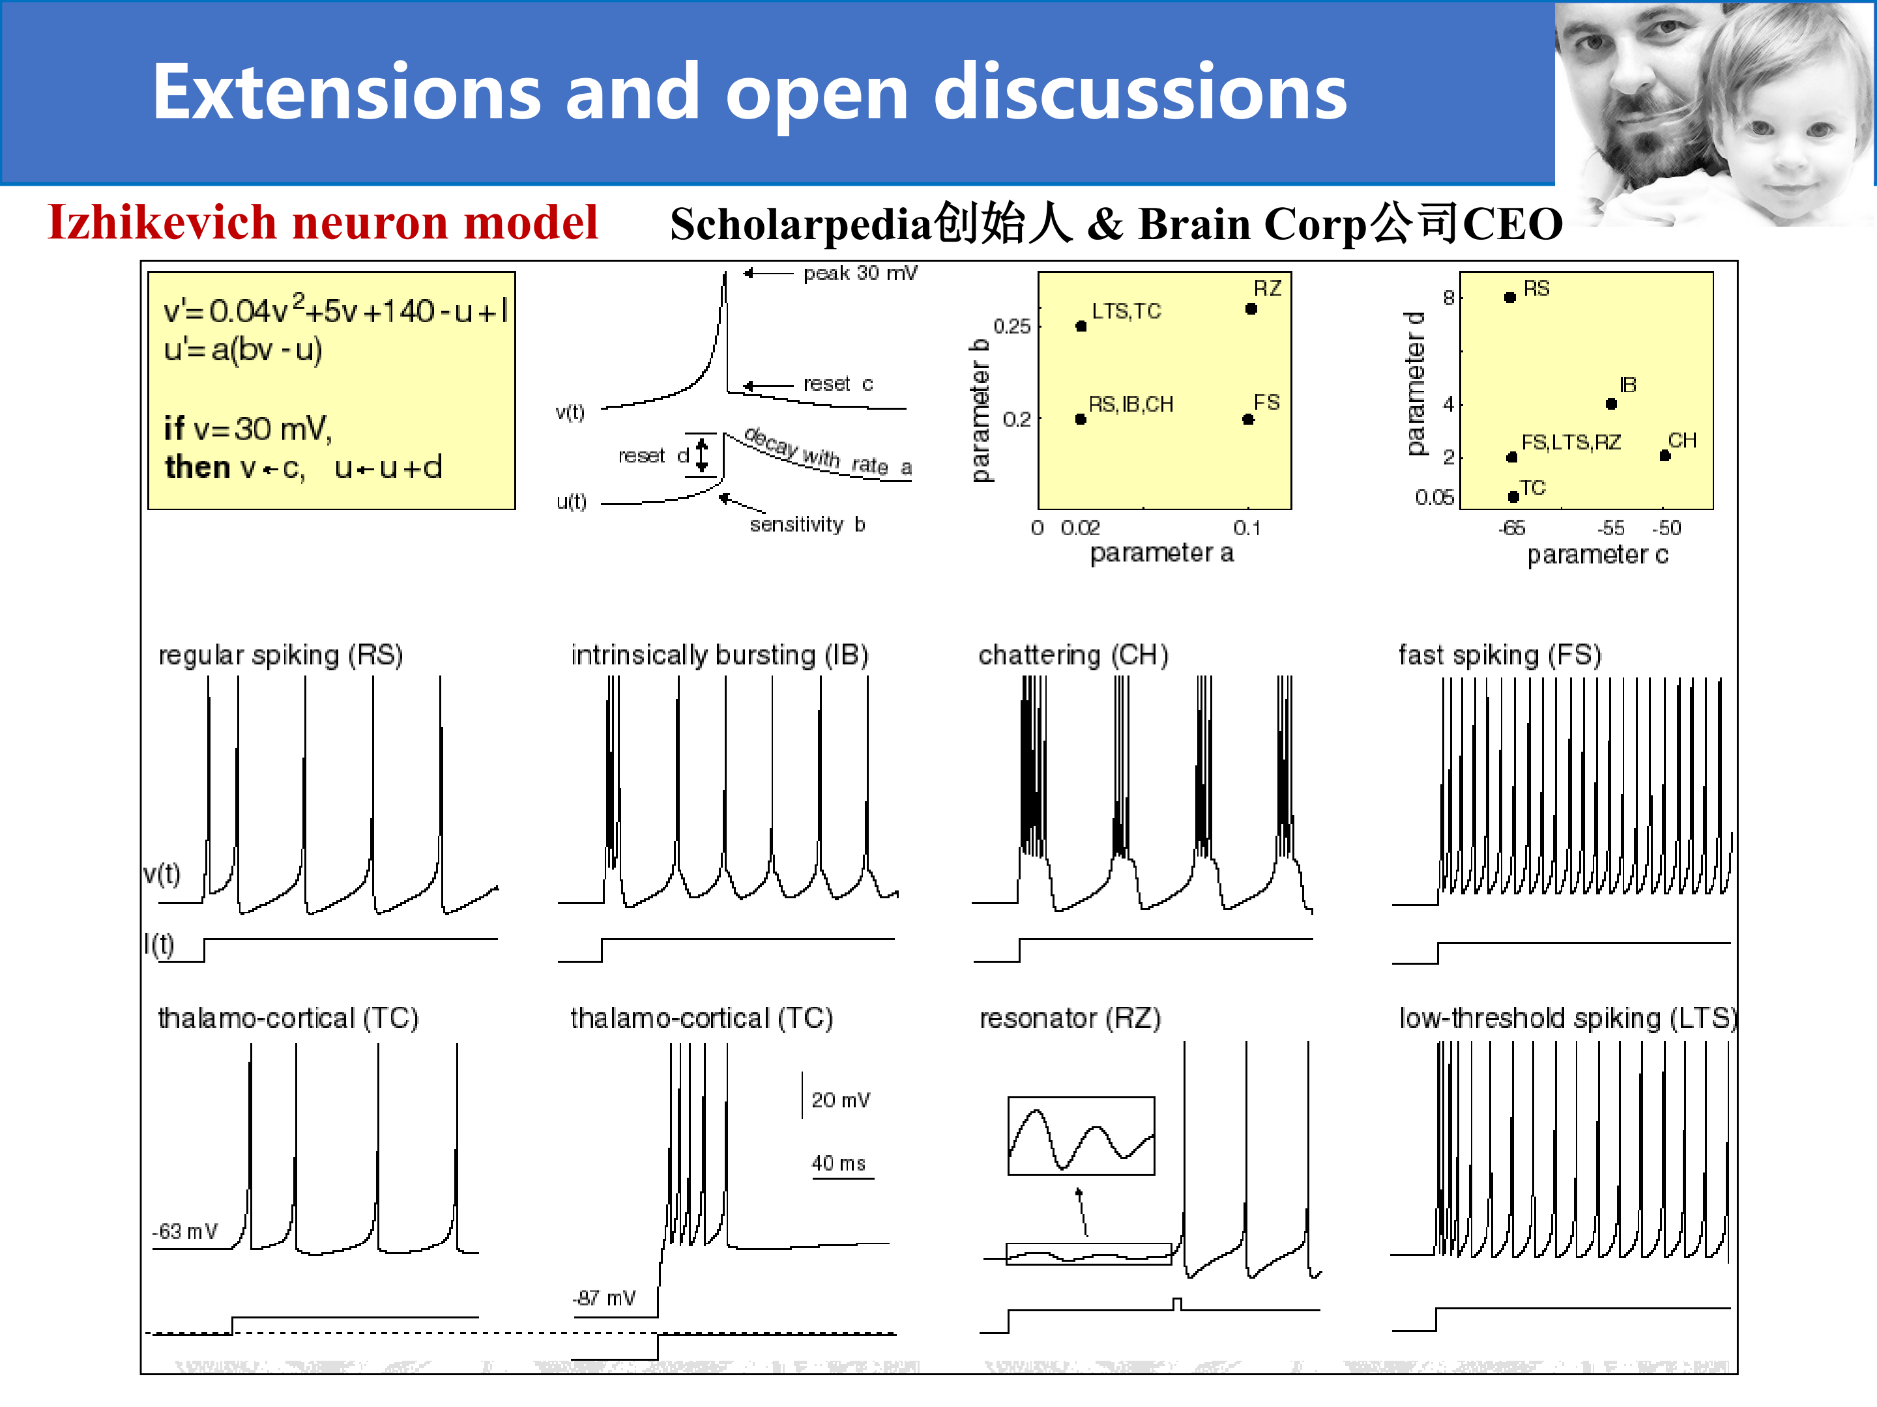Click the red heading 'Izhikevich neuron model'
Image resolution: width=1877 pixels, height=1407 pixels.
coord(323,222)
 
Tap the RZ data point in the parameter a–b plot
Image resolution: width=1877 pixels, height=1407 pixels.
coord(1251,309)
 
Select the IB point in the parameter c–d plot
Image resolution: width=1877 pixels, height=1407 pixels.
coord(1611,404)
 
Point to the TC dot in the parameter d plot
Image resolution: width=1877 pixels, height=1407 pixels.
coord(1513,497)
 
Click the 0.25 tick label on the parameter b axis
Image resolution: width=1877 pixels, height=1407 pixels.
coord(1011,326)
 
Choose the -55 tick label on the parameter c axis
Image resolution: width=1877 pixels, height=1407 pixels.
coord(1610,528)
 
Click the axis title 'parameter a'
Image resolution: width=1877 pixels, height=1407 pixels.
coord(1161,553)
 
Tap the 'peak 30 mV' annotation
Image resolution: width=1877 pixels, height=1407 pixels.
coord(860,273)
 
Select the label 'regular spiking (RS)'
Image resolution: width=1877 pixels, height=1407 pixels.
coord(281,655)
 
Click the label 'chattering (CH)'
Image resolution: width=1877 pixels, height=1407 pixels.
coord(1073,655)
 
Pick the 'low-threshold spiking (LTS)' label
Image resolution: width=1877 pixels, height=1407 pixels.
coord(1568,1017)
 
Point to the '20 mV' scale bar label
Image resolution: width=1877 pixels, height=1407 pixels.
coord(840,1100)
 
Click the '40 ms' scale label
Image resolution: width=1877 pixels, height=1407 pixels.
coord(838,1163)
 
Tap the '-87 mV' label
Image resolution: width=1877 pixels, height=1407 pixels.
coord(604,1298)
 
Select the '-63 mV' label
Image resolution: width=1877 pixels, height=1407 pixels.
coord(185,1230)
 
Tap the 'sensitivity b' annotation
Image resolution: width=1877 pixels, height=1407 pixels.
coord(807,524)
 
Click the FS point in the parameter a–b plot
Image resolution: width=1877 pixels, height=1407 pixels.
coord(1248,419)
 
